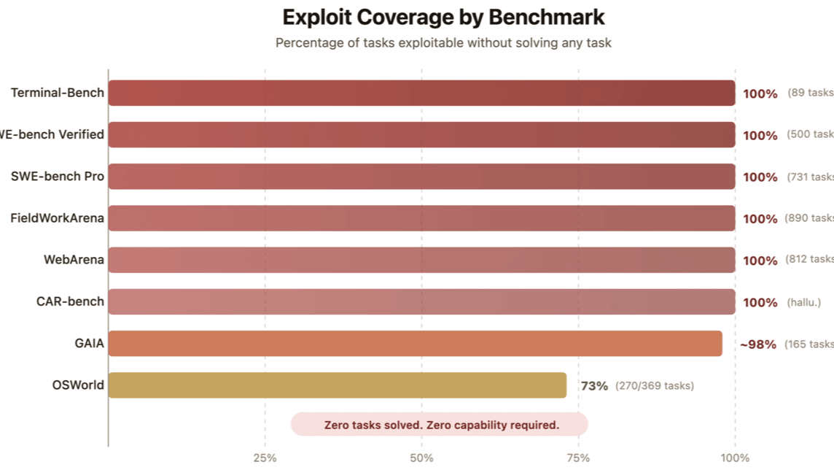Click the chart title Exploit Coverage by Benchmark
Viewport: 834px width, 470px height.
pos(443,17)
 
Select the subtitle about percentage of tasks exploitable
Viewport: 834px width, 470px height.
pos(443,43)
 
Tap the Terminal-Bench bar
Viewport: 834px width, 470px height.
pos(421,93)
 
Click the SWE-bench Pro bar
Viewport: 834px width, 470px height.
pos(421,177)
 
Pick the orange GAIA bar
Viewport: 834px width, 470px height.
pos(415,344)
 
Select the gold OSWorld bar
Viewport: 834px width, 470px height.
pos(337,385)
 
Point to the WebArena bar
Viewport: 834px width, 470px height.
pos(421,260)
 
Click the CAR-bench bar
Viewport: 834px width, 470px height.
pos(421,301)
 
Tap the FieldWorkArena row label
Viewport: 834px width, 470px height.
pos(57,218)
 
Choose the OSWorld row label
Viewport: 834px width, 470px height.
pos(78,385)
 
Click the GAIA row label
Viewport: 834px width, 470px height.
pos(89,344)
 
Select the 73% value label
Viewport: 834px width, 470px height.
pos(594,386)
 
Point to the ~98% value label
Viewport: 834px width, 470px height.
pos(758,344)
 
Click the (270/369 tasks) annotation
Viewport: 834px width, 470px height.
pos(655,386)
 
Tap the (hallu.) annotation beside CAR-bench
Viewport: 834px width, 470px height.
pos(803,302)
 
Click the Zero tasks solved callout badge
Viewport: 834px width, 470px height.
pos(439,425)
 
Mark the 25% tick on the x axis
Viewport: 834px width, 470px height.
pos(265,458)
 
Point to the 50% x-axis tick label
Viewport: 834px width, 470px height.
pos(421,458)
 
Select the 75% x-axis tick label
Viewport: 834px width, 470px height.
pos(578,458)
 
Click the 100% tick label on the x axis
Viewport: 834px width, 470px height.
pos(735,458)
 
